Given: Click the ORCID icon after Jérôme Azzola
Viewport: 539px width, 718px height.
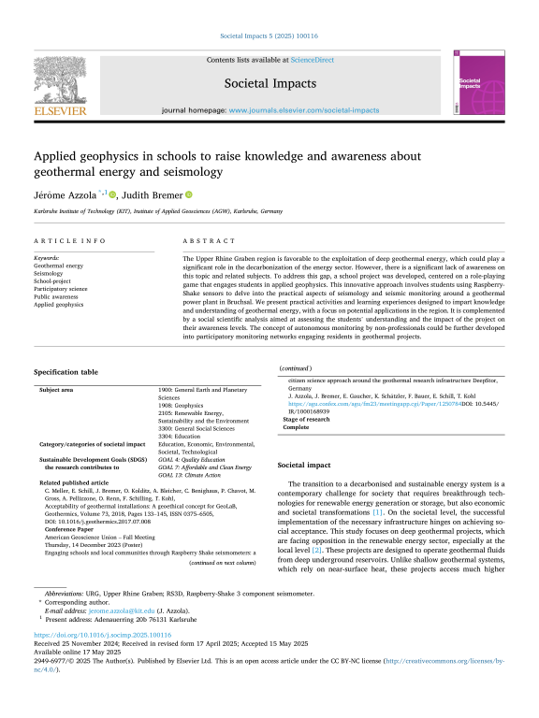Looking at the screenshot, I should point(113,194).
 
